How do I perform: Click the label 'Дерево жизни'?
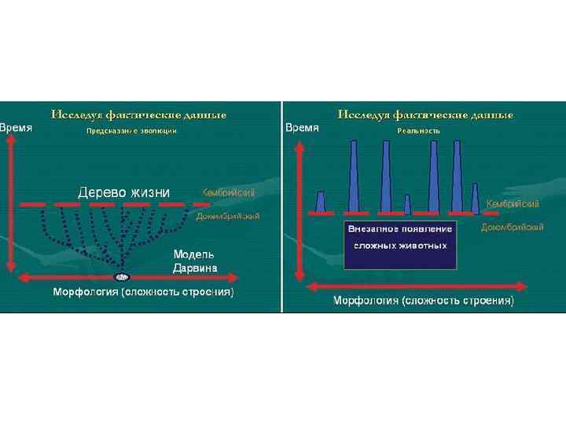[x=123, y=192]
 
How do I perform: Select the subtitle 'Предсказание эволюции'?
[x=131, y=131]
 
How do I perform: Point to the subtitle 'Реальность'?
[x=418, y=130]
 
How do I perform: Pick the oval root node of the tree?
[x=122, y=277]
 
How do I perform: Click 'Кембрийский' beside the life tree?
[x=228, y=193]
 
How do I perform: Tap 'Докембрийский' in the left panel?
[x=228, y=215]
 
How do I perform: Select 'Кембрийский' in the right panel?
[x=513, y=204]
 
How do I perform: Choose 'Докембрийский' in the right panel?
[x=512, y=227]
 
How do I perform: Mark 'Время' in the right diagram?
[x=303, y=127]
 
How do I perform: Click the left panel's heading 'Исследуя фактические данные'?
[x=138, y=115]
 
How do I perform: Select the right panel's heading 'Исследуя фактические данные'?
[x=425, y=115]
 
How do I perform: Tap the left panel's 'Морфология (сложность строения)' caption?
[x=143, y=292]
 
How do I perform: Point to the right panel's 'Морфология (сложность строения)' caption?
[x=424, y=301]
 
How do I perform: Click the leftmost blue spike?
[x=320, y=203]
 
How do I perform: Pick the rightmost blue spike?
[x=476, y=199]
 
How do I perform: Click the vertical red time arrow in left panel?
[x=9, y=204]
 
